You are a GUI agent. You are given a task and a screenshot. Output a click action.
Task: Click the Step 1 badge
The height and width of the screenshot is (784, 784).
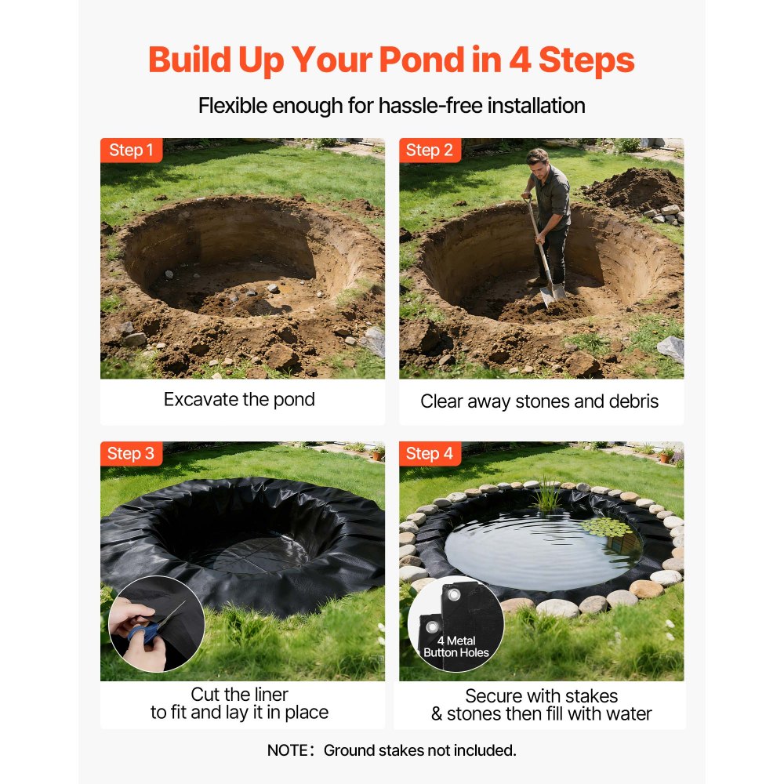pos(131,151)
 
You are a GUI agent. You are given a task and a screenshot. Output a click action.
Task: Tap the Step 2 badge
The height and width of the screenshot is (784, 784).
pos(430,151)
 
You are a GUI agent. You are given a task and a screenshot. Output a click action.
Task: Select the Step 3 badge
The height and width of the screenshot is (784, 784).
pos(131,453)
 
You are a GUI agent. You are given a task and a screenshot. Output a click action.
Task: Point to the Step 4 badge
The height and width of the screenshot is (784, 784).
pos(430,453)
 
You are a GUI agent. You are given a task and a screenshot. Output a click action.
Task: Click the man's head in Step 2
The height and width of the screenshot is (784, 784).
pos(538,162)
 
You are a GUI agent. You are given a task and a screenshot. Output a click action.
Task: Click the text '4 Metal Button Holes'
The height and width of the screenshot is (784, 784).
pos(456,647)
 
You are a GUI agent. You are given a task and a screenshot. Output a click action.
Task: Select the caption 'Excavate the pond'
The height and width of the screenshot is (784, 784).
pos(239,399)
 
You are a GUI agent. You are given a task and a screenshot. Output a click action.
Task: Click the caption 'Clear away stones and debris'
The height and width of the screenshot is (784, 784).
pos(539,401)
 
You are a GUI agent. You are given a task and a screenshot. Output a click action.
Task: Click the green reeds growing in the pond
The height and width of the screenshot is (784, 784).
pos(547,496)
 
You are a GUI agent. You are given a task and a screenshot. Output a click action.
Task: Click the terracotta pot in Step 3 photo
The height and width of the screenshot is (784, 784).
pos(379,453)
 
